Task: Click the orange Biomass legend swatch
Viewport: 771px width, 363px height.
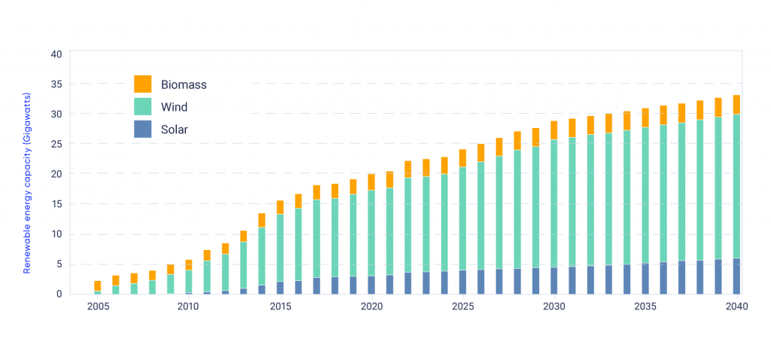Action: point(142,84)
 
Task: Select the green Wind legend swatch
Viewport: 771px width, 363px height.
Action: point(142,106)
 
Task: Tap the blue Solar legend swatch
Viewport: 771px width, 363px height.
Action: point(142,129)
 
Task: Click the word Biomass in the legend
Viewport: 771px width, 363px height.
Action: point(184,84)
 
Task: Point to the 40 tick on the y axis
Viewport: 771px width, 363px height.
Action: point(56,54)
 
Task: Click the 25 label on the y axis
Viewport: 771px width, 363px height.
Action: point(56,144)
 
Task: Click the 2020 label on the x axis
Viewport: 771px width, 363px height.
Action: point(371,307)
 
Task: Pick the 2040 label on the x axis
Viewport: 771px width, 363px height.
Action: point(736,307)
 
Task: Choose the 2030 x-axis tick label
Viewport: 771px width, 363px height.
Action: point(553,307)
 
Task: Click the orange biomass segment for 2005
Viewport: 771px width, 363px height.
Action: point(97,285)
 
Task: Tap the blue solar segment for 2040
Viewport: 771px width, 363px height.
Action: point(736,276)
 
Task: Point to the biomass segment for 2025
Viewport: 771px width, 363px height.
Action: point(463,157)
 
